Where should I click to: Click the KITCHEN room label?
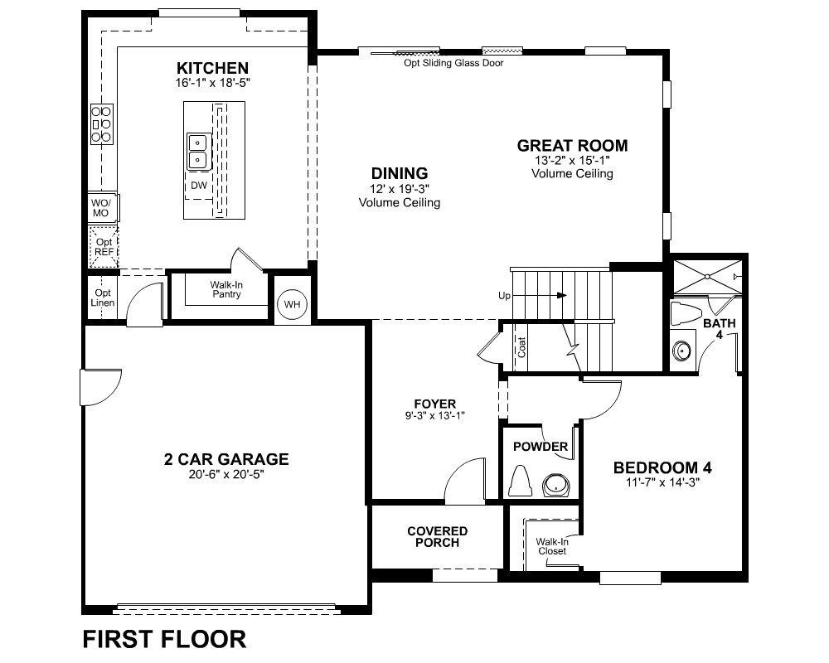(x=212, y=68)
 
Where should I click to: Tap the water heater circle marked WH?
(x=292, y=304)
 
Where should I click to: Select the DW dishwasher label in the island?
(x=199, y=186)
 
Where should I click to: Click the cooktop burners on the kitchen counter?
(x=101, y=124)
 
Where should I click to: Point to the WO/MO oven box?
(x=101, y=208)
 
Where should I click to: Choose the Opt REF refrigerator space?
(x=104, y=247)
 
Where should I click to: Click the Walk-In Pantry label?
(x=226, y=290)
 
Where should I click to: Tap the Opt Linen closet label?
(x=103, y=298)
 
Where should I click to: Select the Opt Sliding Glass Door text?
(x=453, y=63)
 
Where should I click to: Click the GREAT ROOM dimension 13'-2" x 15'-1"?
(x=572, y=160)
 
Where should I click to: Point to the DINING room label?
(x=400, y=173)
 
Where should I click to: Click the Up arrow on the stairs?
(x=540, y=295)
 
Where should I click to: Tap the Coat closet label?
(x=521, y=347)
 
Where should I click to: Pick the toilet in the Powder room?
(x=521, y=482)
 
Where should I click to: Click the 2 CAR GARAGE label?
(x=226, y=459)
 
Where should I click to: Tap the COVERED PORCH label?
(x=437, y=537)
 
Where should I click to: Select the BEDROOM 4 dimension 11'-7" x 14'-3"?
(x=662, y=482)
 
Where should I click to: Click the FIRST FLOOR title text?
(x=164, y=639)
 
